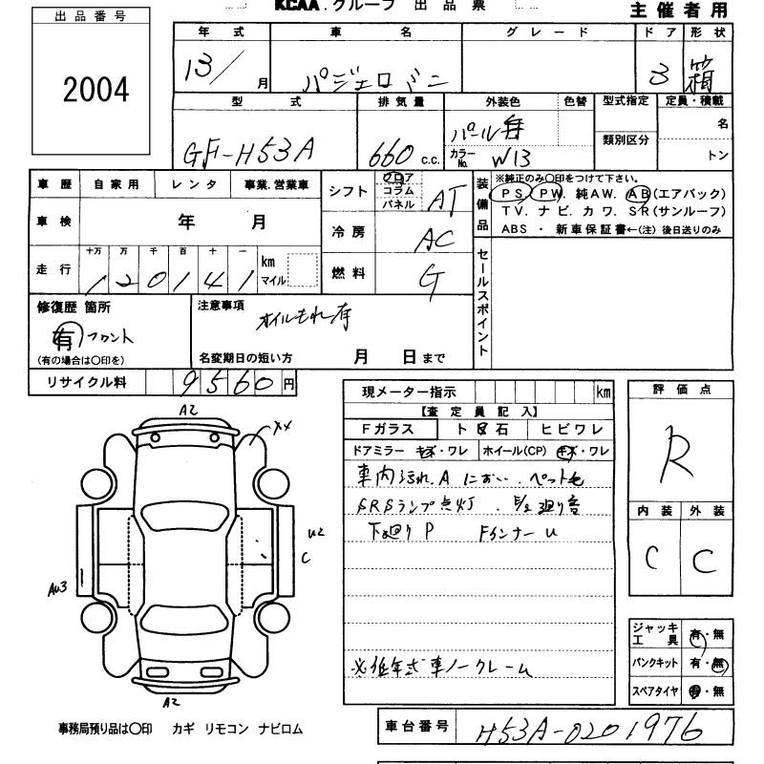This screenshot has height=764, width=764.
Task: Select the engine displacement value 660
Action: click(389, 151)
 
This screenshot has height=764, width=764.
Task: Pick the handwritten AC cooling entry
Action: click(435, 241)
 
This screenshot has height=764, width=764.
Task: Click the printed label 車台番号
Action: click(416, 727)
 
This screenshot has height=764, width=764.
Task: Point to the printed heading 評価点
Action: click(681, 390)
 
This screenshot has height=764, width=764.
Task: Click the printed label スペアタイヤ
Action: click(654, 690)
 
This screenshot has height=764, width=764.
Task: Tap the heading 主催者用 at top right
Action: click(679, 11)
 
